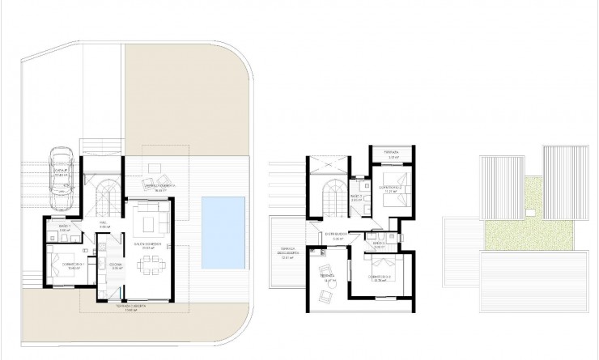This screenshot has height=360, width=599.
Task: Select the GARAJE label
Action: [60, 172]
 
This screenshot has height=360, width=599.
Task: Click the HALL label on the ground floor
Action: [104, 226]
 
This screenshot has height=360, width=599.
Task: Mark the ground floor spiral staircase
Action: [104, 194]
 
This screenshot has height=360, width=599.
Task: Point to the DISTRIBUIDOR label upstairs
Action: [336, 236]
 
